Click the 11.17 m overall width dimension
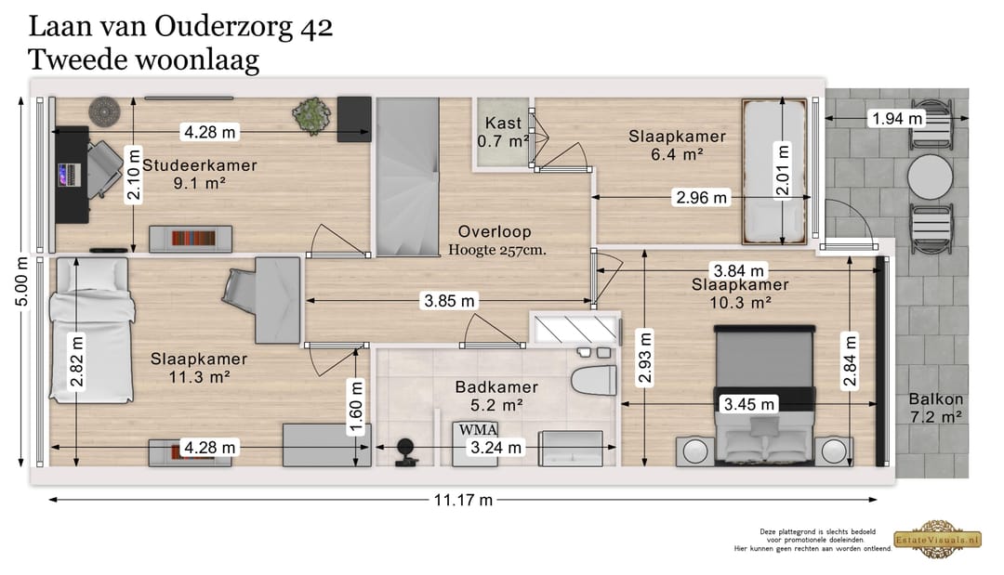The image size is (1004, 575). (463, 500)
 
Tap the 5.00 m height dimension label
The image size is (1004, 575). (21, 281)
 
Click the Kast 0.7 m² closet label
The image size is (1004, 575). (503, 132)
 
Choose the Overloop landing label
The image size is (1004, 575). (495, 231)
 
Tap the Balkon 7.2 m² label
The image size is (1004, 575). (935, 408)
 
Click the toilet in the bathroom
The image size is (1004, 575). (593, 383)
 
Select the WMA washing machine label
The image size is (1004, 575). (479, 429)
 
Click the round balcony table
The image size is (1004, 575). (930, 177)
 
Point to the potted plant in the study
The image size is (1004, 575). (312, 116)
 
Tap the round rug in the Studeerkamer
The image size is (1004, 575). (104, 111)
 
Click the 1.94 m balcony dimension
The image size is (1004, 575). (897, 118)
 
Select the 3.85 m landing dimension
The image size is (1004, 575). (450, 300)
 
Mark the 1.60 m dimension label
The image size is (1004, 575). (356, 407)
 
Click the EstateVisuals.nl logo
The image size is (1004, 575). (937, 539)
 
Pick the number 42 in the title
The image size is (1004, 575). (316, 27)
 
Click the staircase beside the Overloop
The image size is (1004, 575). (407, 176)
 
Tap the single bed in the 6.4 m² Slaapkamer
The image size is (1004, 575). (774, 172)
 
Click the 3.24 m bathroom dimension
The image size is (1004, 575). (495, 447)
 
